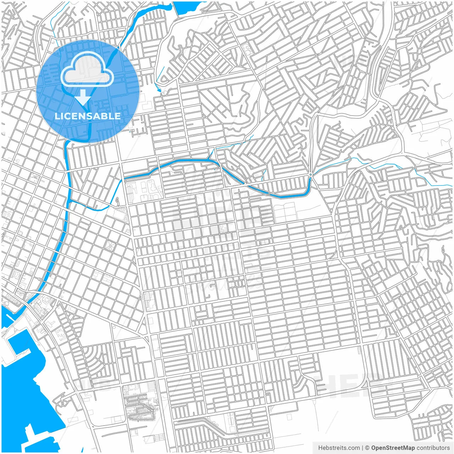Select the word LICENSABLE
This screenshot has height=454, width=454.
88,116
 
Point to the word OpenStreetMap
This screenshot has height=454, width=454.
393,448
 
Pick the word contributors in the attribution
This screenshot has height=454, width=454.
433,448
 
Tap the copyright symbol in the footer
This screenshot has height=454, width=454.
367,448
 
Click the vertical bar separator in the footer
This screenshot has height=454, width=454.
362,448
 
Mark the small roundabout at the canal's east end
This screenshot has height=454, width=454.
310,175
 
